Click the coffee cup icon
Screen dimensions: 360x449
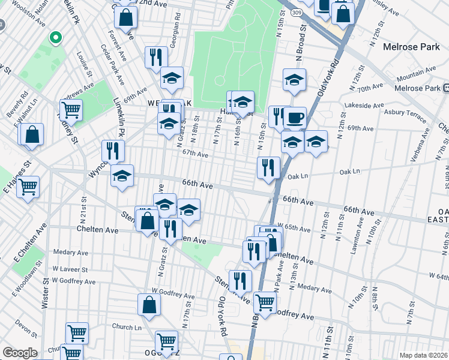click(x=294, y=118)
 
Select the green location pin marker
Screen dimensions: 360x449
click(x=55, y=38)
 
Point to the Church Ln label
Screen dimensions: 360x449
click(x=126, y=327)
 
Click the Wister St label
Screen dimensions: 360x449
click(x=45, y=293)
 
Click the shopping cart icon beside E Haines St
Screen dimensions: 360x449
click(x=28, y=188)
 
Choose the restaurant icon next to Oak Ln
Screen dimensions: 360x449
click(x=268, y=167)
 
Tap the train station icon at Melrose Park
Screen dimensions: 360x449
click(x=445, y=88)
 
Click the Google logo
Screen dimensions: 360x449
click(x=20, y=353)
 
